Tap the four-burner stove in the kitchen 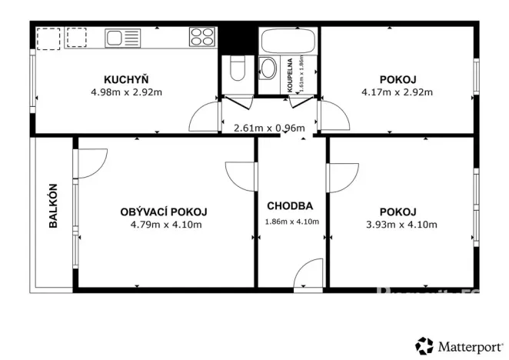coord(202,37)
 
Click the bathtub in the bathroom coord(288,39)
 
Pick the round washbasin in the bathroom coord(269,68)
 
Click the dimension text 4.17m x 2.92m coord(397,92)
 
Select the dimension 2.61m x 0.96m coord(269,128)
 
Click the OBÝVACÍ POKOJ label coord(164,212)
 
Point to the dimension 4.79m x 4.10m coord(165,225)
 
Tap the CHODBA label coord(289,206)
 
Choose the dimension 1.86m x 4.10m coord(291,222)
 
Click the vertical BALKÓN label coord(53,207)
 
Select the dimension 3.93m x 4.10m coord(398,225)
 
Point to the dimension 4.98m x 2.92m coord(126,92)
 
